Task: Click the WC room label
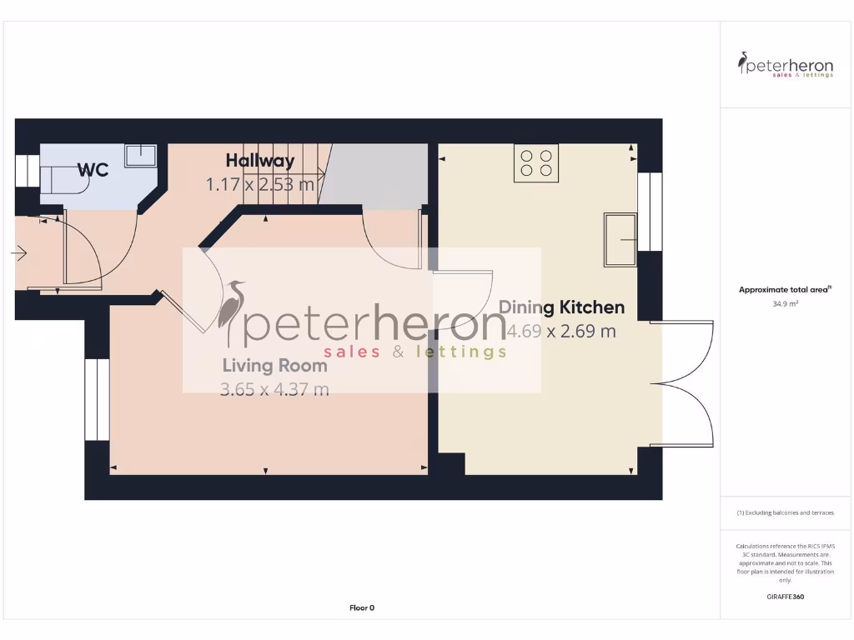(x=93, y=170)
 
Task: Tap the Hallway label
(x=260, y=161)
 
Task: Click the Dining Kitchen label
(x=561, y=307)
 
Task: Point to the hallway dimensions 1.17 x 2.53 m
(x=260, y=184)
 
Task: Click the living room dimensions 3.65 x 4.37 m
(x=274, y=388)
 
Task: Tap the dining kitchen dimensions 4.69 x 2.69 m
(x=561, y=331)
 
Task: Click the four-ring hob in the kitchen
(x=536, y=162)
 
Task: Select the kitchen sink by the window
(x=620, y=240)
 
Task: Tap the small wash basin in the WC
(x=141, y=156)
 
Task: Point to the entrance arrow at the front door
(x=20, y=253)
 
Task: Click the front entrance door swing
(x=77, y=250)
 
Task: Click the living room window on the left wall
(x=97, y=399)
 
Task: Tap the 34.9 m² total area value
(x=785, y=304)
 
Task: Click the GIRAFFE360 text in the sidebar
(x=785, y=597)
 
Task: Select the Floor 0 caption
(x=362, y=607)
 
